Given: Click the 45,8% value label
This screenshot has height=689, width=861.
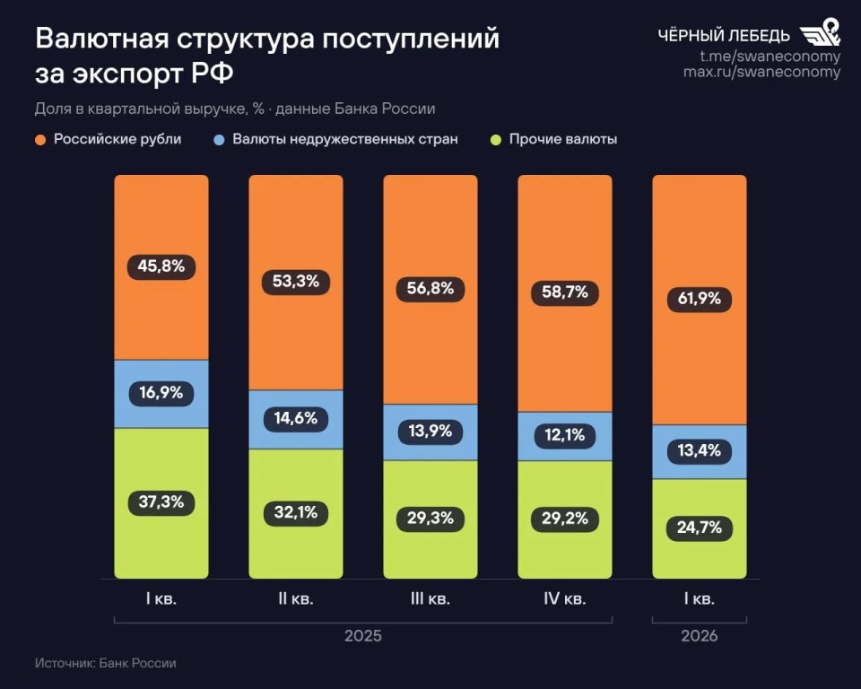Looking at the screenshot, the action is point(161,266).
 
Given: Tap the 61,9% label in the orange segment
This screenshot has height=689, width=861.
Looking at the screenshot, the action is point(699,299).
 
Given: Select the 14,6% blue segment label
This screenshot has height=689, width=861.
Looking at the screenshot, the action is point(295,419).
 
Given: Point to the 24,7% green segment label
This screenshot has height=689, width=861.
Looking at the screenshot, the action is point(699,528).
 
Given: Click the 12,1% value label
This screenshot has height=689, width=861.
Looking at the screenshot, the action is point(564,435).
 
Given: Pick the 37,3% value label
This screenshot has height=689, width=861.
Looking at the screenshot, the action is point(161,502).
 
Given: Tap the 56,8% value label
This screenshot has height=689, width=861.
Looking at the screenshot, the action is point(430,289).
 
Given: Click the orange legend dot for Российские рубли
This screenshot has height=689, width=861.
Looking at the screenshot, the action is point(40,140).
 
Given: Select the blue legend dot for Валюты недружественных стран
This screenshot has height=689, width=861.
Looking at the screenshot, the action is point(219,140).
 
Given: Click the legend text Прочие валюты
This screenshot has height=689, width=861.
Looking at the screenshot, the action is point(563,140).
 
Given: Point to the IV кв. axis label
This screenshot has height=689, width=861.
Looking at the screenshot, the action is point(564,599).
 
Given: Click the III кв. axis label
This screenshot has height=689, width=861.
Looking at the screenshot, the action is point(430,599).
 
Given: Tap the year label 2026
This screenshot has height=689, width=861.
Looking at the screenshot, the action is point(699,636).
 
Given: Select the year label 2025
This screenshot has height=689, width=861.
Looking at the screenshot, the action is point(363,636).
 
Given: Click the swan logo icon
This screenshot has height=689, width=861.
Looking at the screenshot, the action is point(820,32).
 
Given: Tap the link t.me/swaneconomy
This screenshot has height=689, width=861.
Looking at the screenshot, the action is point(770,57).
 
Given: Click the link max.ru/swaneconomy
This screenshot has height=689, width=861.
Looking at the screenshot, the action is point(762,72).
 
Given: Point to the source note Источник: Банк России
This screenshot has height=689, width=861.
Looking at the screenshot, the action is point(106,663).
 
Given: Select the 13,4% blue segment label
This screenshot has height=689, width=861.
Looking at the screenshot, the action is point(699,451).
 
